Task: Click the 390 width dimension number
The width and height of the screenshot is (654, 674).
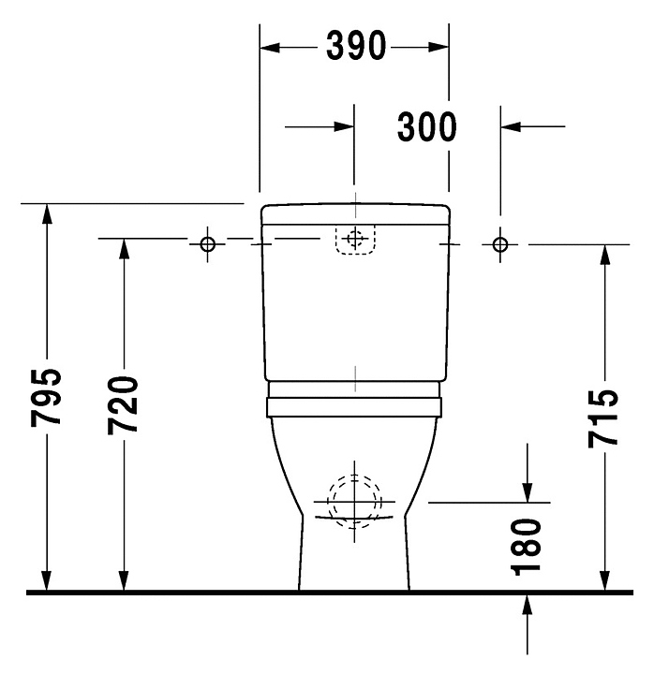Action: (x=356, y=46)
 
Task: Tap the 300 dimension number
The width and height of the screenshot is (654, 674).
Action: (x=427, y=126)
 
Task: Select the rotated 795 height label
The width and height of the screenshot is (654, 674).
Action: (x=46, y=397)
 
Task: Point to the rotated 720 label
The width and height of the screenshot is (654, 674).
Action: (x=123, y=405)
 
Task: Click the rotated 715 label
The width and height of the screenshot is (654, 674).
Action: (x=603, y=418)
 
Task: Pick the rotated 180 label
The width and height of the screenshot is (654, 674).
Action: (x=526, y=547)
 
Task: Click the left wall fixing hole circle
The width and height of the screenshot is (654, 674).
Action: (x=208, y=244)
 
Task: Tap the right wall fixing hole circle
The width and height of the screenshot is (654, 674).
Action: (x=500, y=244)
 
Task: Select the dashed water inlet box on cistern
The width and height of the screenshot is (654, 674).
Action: (x=355, y=240)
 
